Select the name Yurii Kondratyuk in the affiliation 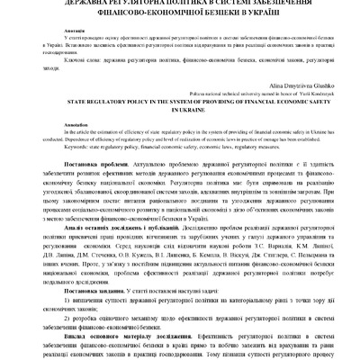click(x=297, y=92)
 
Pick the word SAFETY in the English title click(x=282, y=103)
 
